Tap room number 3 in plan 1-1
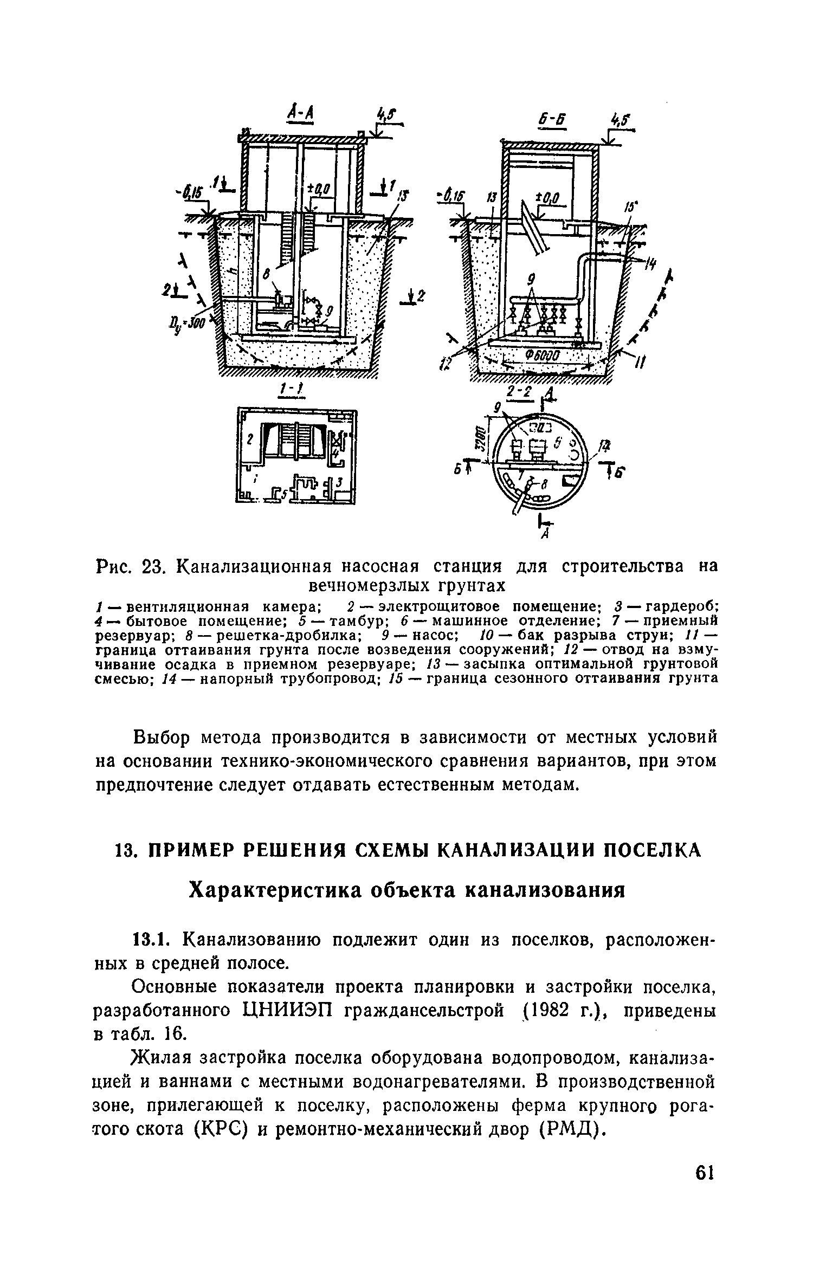click(339, 481)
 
